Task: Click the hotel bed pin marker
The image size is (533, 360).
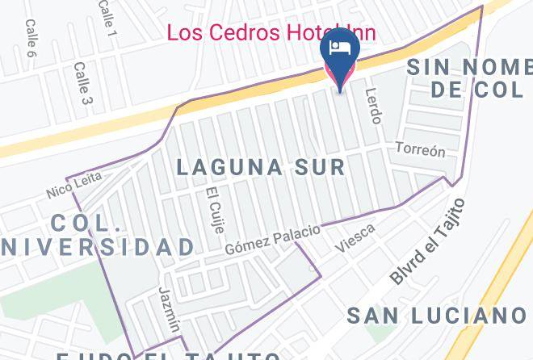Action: [x=340, y=57]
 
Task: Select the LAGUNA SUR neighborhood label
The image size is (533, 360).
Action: [x=261, y=168]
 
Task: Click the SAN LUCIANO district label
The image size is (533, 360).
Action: [x=436, y=315]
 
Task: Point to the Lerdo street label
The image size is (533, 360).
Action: [x=373, y=106]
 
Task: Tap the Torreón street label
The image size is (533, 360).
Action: [x=420, y=150]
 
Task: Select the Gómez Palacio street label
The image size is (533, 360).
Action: [x=272, y=238]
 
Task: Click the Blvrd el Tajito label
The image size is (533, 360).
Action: [x=429, y=241]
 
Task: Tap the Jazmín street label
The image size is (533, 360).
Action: [x=169, y=308]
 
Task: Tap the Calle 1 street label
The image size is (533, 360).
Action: [x=107, y=17]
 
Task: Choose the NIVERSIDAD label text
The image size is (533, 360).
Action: [x=97, y=247]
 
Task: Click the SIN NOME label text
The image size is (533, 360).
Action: [x=468, y=67]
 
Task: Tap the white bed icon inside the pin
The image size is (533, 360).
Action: [x=340, y=47]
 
